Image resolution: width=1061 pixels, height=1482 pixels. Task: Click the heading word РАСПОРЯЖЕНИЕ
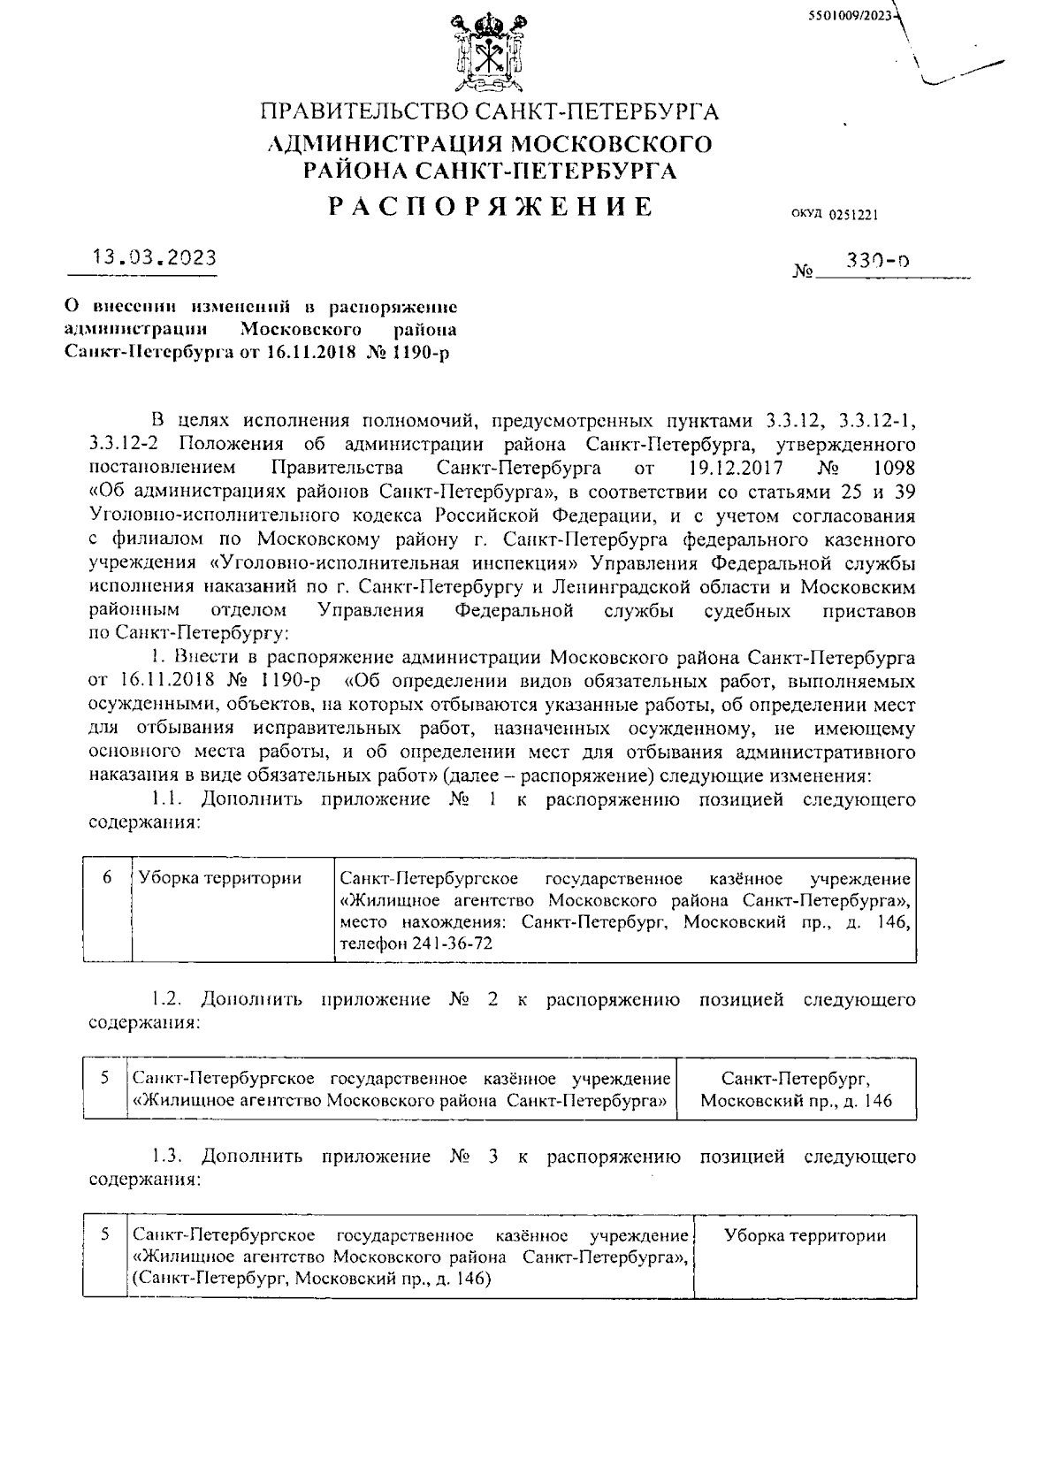tap(491, 207)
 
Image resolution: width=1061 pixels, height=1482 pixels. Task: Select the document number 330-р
tap(878, 262)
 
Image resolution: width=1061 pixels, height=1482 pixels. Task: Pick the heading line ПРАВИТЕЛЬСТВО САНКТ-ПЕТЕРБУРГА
tap(489, 112)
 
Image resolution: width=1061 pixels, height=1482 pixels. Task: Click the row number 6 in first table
tap(107, 878)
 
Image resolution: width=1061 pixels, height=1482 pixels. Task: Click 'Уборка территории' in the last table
tap(805, 1236)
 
